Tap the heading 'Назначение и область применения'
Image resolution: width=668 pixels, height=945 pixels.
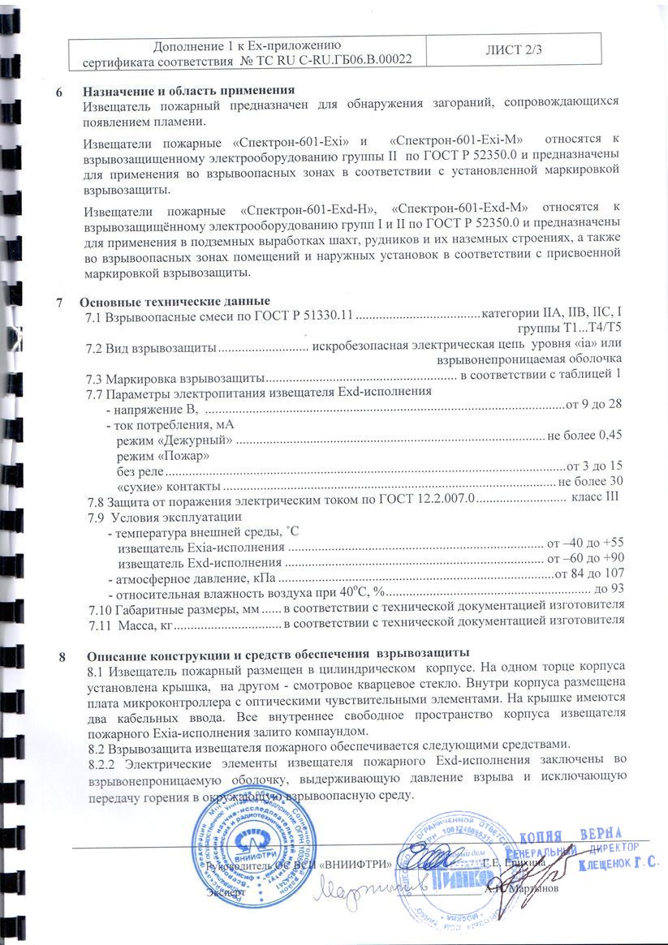coord(188,89)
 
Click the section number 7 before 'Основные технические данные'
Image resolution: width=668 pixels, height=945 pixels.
coord(60,303)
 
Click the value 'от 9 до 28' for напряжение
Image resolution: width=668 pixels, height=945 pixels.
coord(593,404)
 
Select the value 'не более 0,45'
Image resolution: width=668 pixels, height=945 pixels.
coord(585,436)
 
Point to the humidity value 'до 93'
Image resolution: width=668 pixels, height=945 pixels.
coord(610,590)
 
